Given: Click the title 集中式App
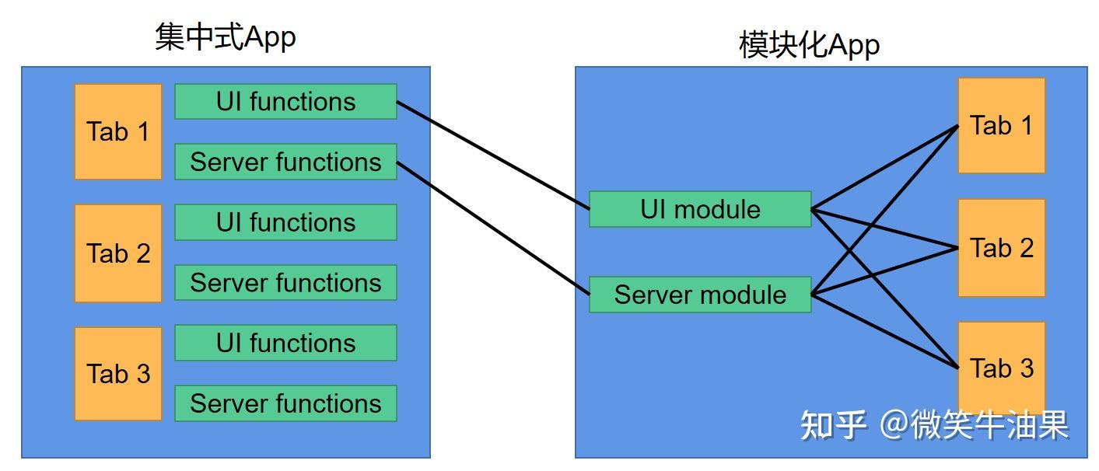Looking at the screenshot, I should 225,37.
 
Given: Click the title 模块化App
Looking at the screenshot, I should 809,45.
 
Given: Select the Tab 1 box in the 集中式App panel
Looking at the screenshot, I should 118,131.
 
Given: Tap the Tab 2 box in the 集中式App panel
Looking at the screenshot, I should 118,253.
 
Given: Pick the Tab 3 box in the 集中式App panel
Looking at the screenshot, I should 118,373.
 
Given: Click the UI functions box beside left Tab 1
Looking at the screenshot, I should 285,101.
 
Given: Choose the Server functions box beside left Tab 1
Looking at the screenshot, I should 285,162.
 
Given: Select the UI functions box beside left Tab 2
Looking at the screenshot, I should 285,222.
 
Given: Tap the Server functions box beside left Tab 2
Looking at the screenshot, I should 285,283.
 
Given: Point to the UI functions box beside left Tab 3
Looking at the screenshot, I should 285,343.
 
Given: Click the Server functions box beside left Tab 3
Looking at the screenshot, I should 285,403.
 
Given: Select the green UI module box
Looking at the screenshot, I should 700,209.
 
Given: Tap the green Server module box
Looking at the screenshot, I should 700,295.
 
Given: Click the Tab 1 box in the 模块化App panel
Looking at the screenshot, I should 1001,125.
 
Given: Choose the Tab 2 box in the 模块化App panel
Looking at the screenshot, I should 1001,248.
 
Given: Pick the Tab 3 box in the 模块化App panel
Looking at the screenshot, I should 1001,368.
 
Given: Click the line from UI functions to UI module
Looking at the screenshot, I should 493,155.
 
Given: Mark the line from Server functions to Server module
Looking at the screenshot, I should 493,229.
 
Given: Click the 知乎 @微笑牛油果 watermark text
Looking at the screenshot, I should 934,424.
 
